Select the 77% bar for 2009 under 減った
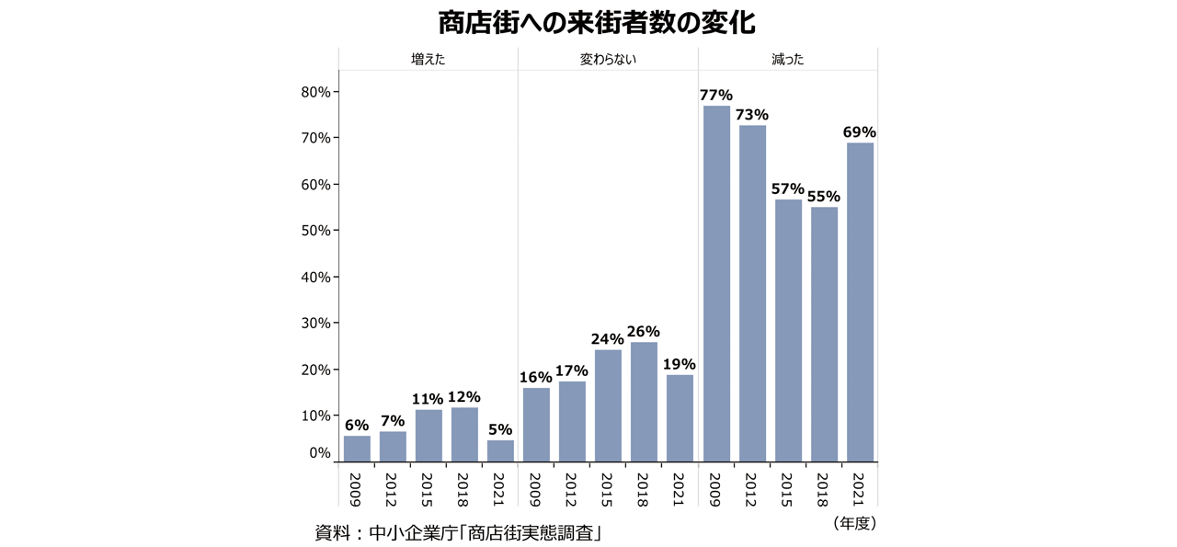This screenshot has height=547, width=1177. [716, 283]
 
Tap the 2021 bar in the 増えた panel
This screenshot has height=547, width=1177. [500, 450]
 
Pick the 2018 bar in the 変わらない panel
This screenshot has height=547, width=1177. [644, 402]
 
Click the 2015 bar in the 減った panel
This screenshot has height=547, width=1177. [788, 330]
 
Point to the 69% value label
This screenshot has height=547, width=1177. [860, 132]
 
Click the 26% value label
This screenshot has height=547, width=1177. [644, 332]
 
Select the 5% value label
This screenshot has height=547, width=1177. [500, 429]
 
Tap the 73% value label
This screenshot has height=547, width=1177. [752, 115]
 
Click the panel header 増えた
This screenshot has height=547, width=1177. [429, 60]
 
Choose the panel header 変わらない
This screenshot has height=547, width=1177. [608, 60]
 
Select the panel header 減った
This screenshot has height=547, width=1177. [788, 60]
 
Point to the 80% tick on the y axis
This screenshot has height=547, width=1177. [315, 92]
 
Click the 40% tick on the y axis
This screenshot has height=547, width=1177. [315, 277]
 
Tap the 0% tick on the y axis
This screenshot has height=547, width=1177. [319, 453]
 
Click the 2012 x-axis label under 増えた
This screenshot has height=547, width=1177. [393, 489]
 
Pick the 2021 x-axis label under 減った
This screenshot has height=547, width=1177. [860, 489]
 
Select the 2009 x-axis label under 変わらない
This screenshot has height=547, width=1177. [536, 489]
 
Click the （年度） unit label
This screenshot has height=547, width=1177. [854, 523]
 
